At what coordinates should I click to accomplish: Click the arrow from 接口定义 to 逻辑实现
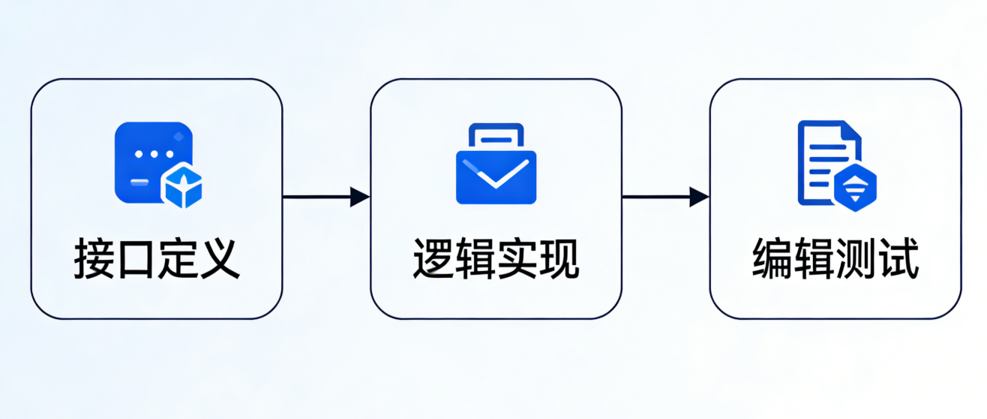pos(326,197)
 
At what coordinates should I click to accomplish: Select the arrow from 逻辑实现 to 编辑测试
pos(666,197)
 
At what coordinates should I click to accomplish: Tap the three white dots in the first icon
pos(153,154)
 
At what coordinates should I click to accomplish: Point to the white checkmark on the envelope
pos(496,175)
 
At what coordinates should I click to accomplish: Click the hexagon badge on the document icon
pos(855,188)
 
